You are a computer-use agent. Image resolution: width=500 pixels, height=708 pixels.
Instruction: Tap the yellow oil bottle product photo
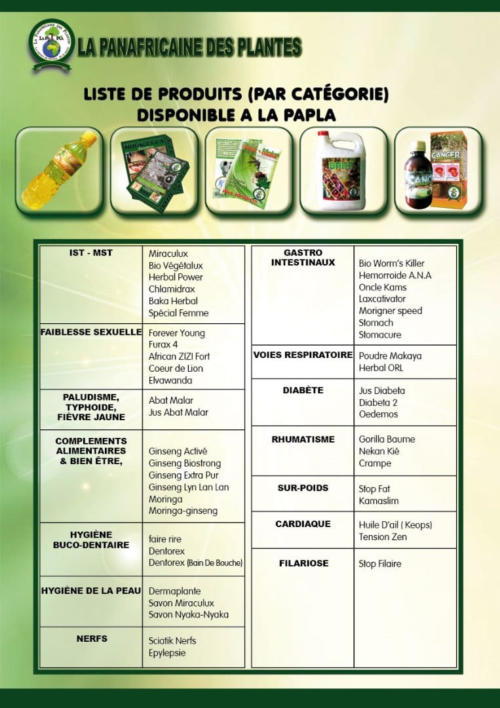tap(59, 170)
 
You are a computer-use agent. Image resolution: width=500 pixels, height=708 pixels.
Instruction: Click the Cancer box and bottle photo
tap(438, 170)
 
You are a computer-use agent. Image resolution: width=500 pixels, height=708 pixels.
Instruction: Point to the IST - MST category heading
tap(91, 253)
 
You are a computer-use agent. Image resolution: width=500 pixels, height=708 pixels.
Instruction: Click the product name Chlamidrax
tap(172, 289)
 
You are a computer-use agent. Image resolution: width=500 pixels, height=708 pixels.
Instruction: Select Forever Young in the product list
tap(176, 333)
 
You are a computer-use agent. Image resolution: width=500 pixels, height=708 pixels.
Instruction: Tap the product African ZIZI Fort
tap(179, 357)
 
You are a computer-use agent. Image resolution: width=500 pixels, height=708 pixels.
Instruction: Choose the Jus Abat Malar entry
tap(178, 412)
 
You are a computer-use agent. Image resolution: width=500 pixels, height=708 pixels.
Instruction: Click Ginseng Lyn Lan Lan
tap(189, 487)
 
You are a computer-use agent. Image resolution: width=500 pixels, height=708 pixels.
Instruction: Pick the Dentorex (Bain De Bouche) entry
tap(195, 562)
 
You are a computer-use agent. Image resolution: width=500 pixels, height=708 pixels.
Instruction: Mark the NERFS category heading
tap(91, 638)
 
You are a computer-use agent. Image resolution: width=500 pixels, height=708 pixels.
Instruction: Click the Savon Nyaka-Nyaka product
tap(188, 615)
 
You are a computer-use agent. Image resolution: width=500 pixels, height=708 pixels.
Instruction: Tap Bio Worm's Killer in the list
tap(391, 264)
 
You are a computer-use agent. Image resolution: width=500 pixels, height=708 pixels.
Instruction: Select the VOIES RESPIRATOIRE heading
tap(303, 355)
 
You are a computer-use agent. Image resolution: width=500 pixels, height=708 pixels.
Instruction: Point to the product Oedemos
tap(378, 414)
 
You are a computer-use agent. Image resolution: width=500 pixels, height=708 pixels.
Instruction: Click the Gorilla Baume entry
tap(387, 439)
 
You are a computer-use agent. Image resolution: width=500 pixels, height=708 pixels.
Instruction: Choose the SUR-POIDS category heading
tap(303, 488)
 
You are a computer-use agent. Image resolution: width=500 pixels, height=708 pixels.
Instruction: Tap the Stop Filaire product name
tap(379, 564)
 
